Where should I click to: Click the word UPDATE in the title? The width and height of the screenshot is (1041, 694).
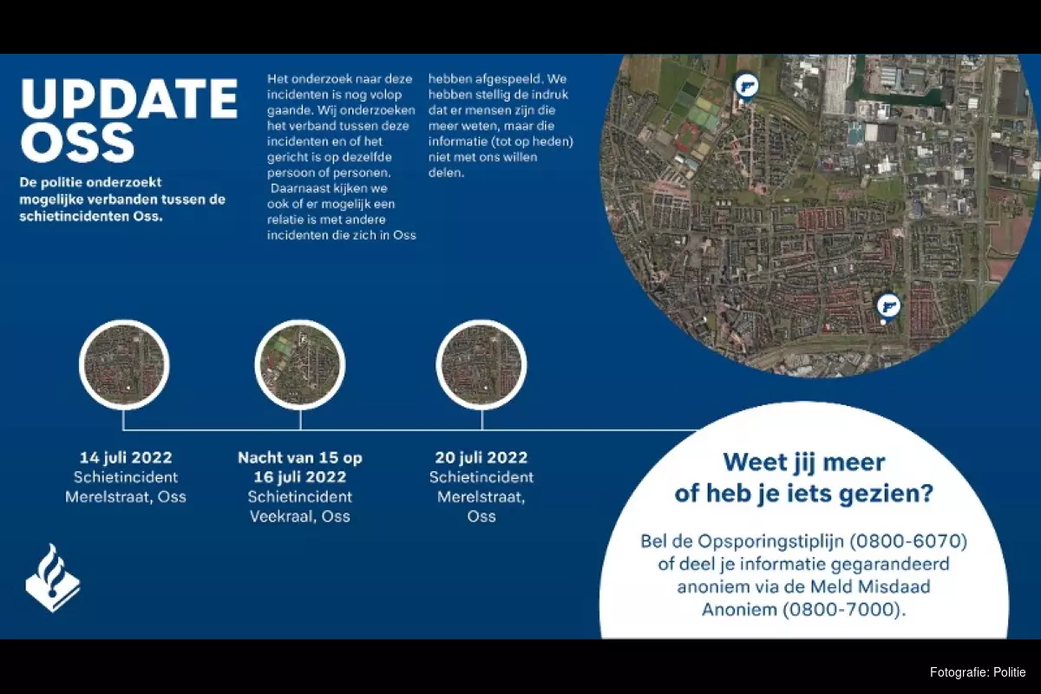point(129,99)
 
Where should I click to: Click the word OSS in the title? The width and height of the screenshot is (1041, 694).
point(77,143)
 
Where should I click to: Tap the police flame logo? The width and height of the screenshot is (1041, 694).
point(53,578)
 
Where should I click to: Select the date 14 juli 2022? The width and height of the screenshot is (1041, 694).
point(126,458)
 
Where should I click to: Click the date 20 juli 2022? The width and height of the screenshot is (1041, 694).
point(481,458)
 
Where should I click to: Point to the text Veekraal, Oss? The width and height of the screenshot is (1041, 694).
point(300,516)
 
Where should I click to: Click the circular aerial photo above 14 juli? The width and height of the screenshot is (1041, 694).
point(124,365)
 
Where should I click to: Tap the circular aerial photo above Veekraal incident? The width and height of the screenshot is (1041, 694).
point(300,365)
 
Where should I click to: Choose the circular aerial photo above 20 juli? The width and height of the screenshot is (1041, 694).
point(481,365)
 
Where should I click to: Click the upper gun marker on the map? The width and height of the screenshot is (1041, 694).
point(746,87)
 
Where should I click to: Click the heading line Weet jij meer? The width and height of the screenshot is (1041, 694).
point(804,462)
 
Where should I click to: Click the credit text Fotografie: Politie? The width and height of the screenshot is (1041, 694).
point(978,672)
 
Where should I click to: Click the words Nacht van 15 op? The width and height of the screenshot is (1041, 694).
point(300,458)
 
